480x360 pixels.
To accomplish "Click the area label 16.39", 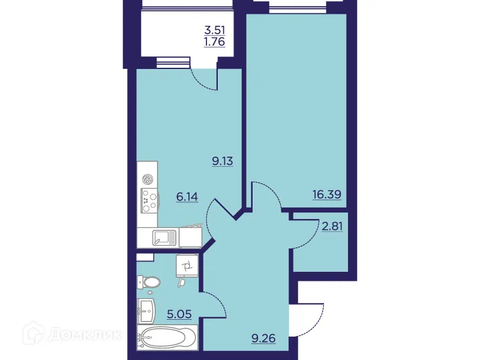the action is (x=326, y=194).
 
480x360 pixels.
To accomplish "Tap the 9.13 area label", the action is (x=223, y=161).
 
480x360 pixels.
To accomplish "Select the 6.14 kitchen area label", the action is (x=187, y=197).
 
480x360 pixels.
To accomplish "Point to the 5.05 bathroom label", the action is (x=179, y=314).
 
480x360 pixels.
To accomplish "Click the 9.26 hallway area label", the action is (x=263, y=338).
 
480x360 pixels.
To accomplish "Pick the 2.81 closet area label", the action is (x=332, y=227).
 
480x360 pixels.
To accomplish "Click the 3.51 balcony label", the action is (x=215, y=30).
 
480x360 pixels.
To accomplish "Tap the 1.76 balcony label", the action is (x=215, y=41).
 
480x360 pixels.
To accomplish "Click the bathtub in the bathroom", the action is (x=167, y=337).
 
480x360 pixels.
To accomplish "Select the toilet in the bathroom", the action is (x=148, y=282).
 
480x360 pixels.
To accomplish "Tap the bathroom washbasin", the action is (x=146, y=311).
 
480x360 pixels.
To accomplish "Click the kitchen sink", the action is (x=164, y=238).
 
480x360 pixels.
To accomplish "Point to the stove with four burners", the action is (x=149, y=200).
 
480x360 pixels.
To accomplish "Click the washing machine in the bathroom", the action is (x=187, y=265).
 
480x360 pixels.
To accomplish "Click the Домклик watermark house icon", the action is (x=34, y=333).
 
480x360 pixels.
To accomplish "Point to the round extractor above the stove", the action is (x=149, y=179).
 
